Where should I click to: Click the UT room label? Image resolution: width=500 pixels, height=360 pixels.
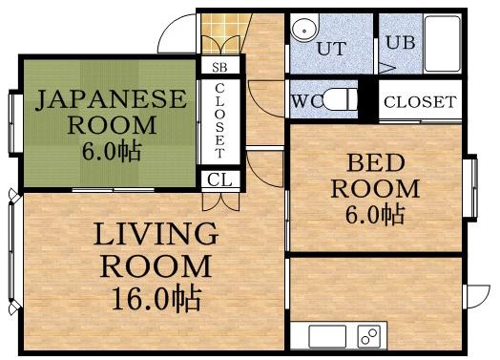point(330,48)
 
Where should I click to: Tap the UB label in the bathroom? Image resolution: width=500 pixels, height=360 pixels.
point(399,43)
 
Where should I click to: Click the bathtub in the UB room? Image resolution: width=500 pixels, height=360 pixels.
point(441,43)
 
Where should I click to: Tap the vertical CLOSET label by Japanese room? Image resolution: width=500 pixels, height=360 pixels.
point(219,121)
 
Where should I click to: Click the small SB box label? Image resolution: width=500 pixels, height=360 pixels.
point(219,68)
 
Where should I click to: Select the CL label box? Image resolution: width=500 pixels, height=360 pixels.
point(219,179)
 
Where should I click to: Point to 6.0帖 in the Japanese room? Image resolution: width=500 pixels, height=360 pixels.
point(112,150)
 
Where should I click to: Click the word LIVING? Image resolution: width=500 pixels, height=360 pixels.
point(155,234)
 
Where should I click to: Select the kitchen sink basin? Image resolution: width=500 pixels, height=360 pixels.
point(326,336)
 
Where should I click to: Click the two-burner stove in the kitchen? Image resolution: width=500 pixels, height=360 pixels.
point(369,336)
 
